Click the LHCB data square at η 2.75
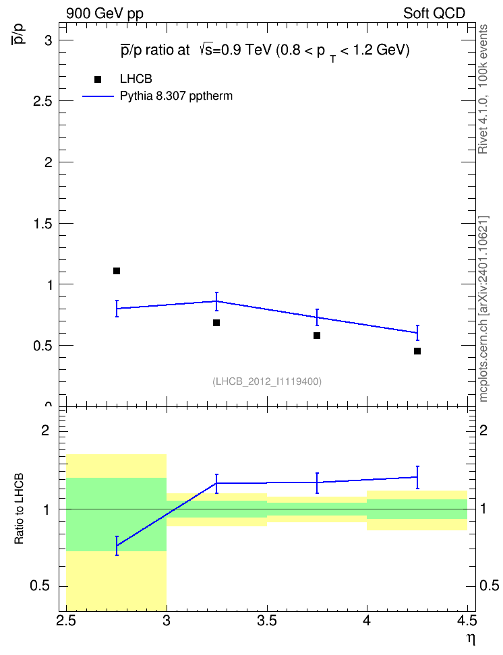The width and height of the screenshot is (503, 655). [117, 271]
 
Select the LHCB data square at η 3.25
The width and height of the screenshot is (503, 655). [216, 323]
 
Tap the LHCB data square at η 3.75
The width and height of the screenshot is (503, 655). [317, 336]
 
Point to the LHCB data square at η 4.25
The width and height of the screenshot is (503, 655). [417, 351]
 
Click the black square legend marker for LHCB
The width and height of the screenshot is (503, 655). [98, 80]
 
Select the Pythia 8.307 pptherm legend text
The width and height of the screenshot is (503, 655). [176, 96]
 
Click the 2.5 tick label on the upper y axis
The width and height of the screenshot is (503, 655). [43, 101]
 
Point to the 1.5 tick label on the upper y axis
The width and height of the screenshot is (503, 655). [43, 224]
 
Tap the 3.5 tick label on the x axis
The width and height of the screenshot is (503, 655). [267, 621]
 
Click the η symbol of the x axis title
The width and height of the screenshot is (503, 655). [471, 640]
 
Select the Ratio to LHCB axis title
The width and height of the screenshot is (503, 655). [19, 509]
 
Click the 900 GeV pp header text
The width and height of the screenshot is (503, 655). [105, 13]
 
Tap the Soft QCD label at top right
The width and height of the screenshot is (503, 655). [434, 13]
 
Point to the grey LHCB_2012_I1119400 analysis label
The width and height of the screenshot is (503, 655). [267, 381]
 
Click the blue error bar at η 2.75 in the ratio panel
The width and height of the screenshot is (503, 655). [117, 546]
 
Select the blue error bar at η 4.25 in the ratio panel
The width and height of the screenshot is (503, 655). [417, 478]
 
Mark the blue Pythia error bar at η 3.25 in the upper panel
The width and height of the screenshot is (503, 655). [216, 301]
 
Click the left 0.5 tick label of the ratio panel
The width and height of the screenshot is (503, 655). [40, 586]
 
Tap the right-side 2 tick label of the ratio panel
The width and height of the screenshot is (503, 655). [483, 430]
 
